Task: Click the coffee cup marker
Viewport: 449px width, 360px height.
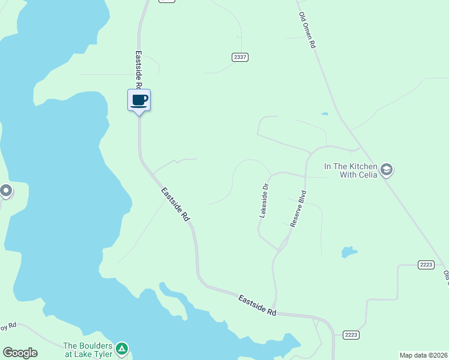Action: click(139, 100)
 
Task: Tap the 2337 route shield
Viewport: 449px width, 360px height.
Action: click(240, 57)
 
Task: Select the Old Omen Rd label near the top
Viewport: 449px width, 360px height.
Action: click(307, 31)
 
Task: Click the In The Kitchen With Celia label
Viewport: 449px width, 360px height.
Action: click(351, 170)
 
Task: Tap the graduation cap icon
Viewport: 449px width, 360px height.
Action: click(387, 170)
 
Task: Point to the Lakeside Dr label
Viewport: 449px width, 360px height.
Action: click(264, 200)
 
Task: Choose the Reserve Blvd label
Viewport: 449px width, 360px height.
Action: click(298, 208)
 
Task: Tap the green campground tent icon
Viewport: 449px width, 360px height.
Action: click(122, 348)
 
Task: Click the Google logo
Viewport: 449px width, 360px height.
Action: click(20, 353)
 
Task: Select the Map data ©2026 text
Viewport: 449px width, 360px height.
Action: click(424, 355)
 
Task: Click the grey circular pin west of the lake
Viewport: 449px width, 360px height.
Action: click(6, 191)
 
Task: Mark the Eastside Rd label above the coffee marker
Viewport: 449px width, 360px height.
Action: click(137, 69)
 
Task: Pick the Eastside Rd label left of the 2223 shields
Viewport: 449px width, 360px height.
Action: click(257, 305)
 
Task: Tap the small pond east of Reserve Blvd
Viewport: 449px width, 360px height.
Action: click(348, 251)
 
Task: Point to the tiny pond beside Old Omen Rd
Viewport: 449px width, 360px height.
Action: click(325, 113)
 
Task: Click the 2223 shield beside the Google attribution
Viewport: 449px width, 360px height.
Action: click(351, 334)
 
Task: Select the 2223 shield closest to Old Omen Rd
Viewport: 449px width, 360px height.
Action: click(426, 265)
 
